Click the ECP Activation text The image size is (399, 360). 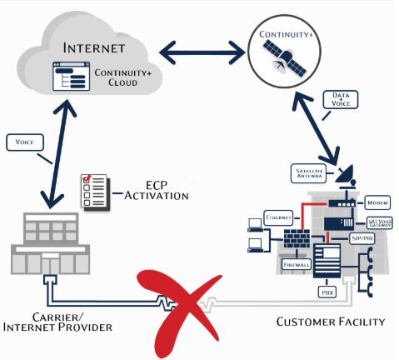156,191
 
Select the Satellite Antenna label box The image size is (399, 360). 309,172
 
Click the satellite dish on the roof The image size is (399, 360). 345,175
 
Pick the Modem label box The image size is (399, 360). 377,203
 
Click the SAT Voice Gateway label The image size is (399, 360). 379,222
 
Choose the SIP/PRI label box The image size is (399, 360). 362,237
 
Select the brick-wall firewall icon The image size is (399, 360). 297,237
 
